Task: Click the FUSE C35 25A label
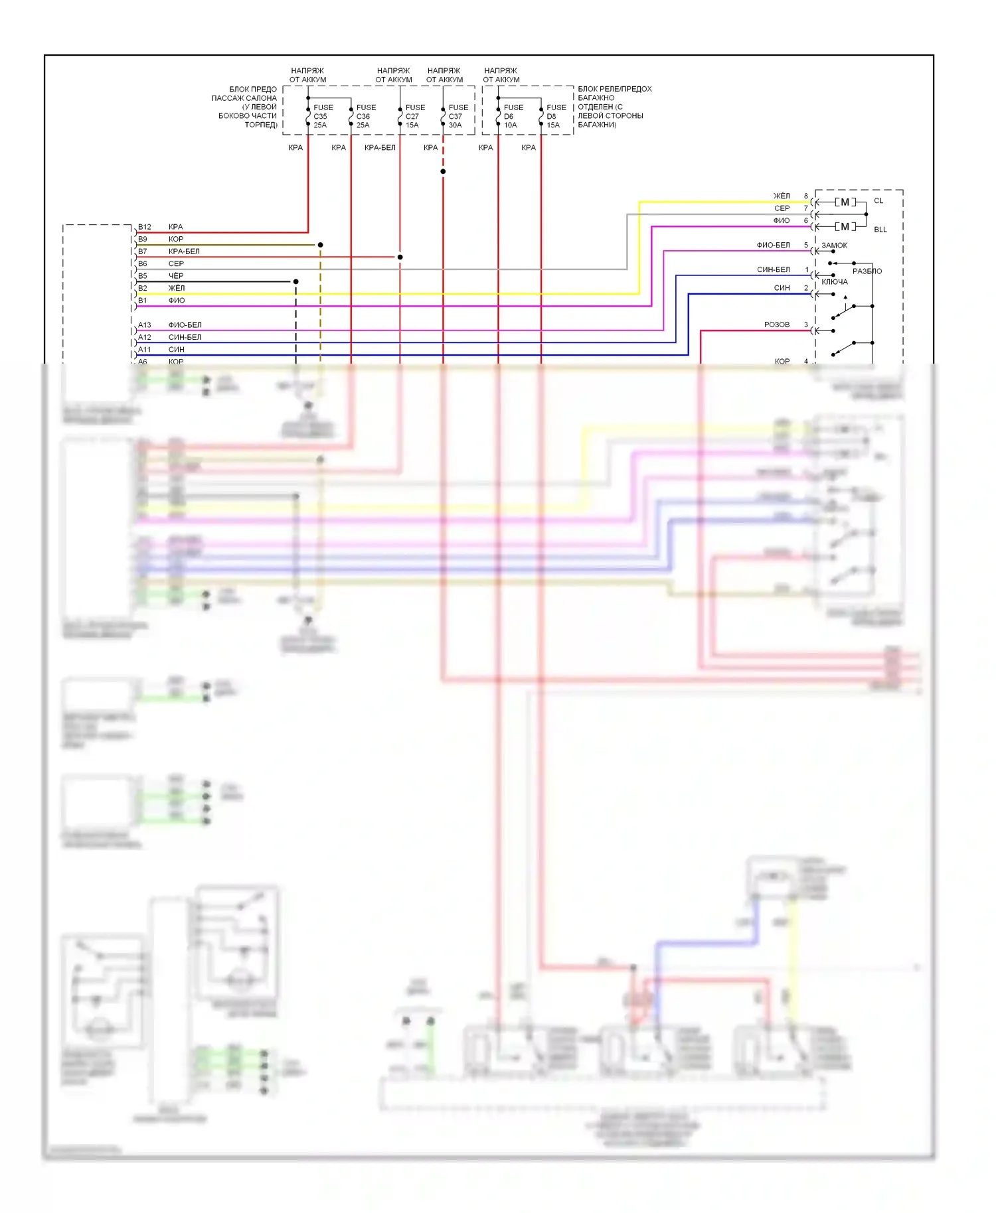tap(322, 116)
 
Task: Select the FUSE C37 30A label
tap(457, 116)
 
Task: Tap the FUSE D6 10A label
tap(513, 116)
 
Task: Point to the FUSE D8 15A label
tap(556, 116)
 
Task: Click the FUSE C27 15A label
tap(415, 116)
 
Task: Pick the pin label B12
tap(145, 227)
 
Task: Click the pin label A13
tap(145, 325)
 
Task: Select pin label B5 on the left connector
tap(143, 276)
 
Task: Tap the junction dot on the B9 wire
tap(320, 245)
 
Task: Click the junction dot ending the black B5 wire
tap(295, 282)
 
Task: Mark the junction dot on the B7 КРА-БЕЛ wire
tap(400, 257)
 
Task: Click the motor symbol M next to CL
tap(845, 202)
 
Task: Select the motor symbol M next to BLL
tap(845, 226)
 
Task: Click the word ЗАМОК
tap(835, 246)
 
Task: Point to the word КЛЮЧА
tap(835, 282)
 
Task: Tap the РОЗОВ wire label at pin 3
tap(777, 324)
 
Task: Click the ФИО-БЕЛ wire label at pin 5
tap(774, 245)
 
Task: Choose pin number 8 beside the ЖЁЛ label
tap(806, 196)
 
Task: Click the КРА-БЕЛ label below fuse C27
tap(380, 147)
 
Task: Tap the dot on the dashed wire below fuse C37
tap(443, 172)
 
